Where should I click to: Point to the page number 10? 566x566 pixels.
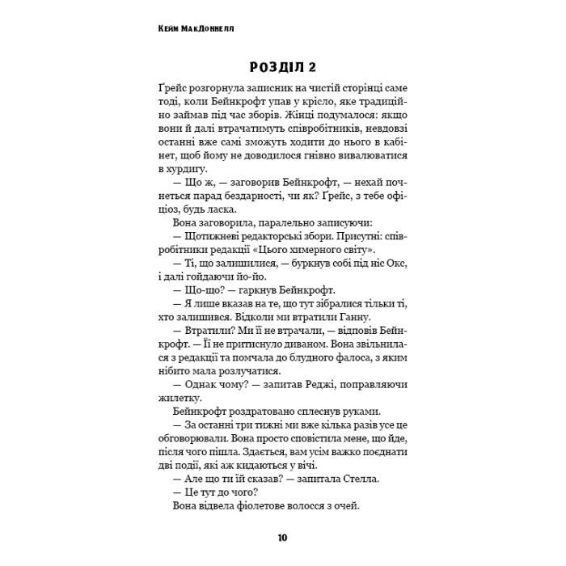(x=281, y=537)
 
